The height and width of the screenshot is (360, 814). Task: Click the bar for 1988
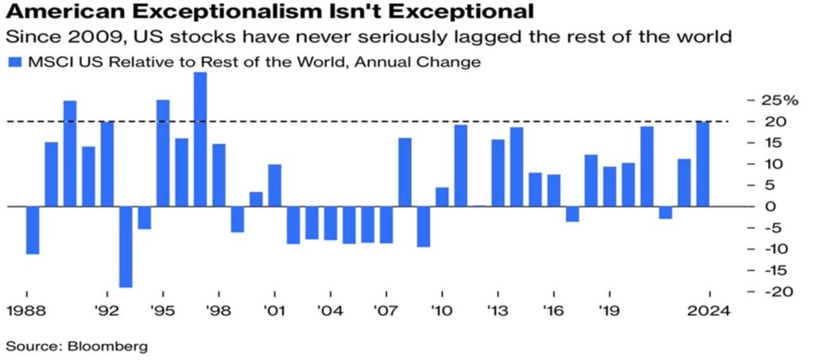tap(33, 230)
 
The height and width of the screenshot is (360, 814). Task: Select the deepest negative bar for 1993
tap(126, 247)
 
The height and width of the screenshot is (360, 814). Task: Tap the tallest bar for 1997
tap(200, 139)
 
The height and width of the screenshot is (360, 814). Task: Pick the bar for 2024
tap(703, 164)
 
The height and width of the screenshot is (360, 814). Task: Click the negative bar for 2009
tap(424, 226)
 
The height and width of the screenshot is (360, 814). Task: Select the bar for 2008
tap(405, 172)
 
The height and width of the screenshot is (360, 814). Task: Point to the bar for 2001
tap(275, 185)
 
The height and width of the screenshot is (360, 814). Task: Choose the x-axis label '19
tap(610, 312)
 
